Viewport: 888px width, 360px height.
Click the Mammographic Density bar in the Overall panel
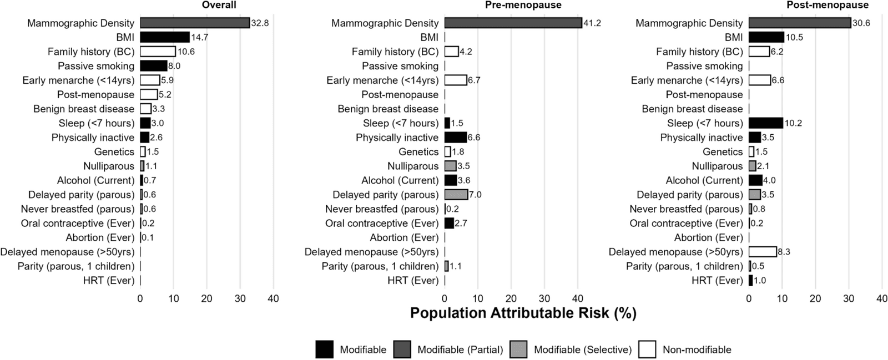pyautogui.click(x=195, y=23)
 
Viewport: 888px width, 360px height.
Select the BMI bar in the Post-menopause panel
pyautogui.click(x=766, y=37)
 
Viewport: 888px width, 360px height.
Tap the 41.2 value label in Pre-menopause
pyautogui.click(x=592, y=23)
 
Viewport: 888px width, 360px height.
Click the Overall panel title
pyautogui.click(x=219, y=5)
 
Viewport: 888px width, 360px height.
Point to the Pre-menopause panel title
pyautogui.click(x=523, y=5)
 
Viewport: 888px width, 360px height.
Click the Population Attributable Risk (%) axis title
pyautogui.click(x=523, y=313)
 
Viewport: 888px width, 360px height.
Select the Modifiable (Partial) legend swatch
pyautogui.click(x=402, y=349)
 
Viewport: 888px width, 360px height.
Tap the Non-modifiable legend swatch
pyautogui.click(x=647, y=349)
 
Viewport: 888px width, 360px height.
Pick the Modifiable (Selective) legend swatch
pyautogui.click(x=518, y=349)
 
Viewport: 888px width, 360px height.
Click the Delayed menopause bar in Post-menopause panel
pyautogui.click(x=763, y=252)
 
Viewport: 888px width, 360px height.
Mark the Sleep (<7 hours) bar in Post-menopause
pyautogui.click(x=766, y=123)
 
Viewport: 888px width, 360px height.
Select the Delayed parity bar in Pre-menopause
pyautogui.click(x=456, y=195)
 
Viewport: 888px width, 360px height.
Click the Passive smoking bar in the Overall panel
pyautogui.click(x=153, y=66)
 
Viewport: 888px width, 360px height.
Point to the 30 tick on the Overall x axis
pyautogui.click(x=240, y=298)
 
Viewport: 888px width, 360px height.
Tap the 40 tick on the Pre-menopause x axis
pyautogui.click(x=578, y=298)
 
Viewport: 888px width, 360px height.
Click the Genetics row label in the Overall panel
pyautogui.click(x=114, y=151)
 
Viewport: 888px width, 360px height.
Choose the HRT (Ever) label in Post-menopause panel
pyautogui.click(x=717, y=280)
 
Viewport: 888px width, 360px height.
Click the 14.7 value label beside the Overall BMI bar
pyautogui.click(x=200, y=37)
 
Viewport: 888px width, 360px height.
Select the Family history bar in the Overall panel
pyautogui.click(x=158, y=52)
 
